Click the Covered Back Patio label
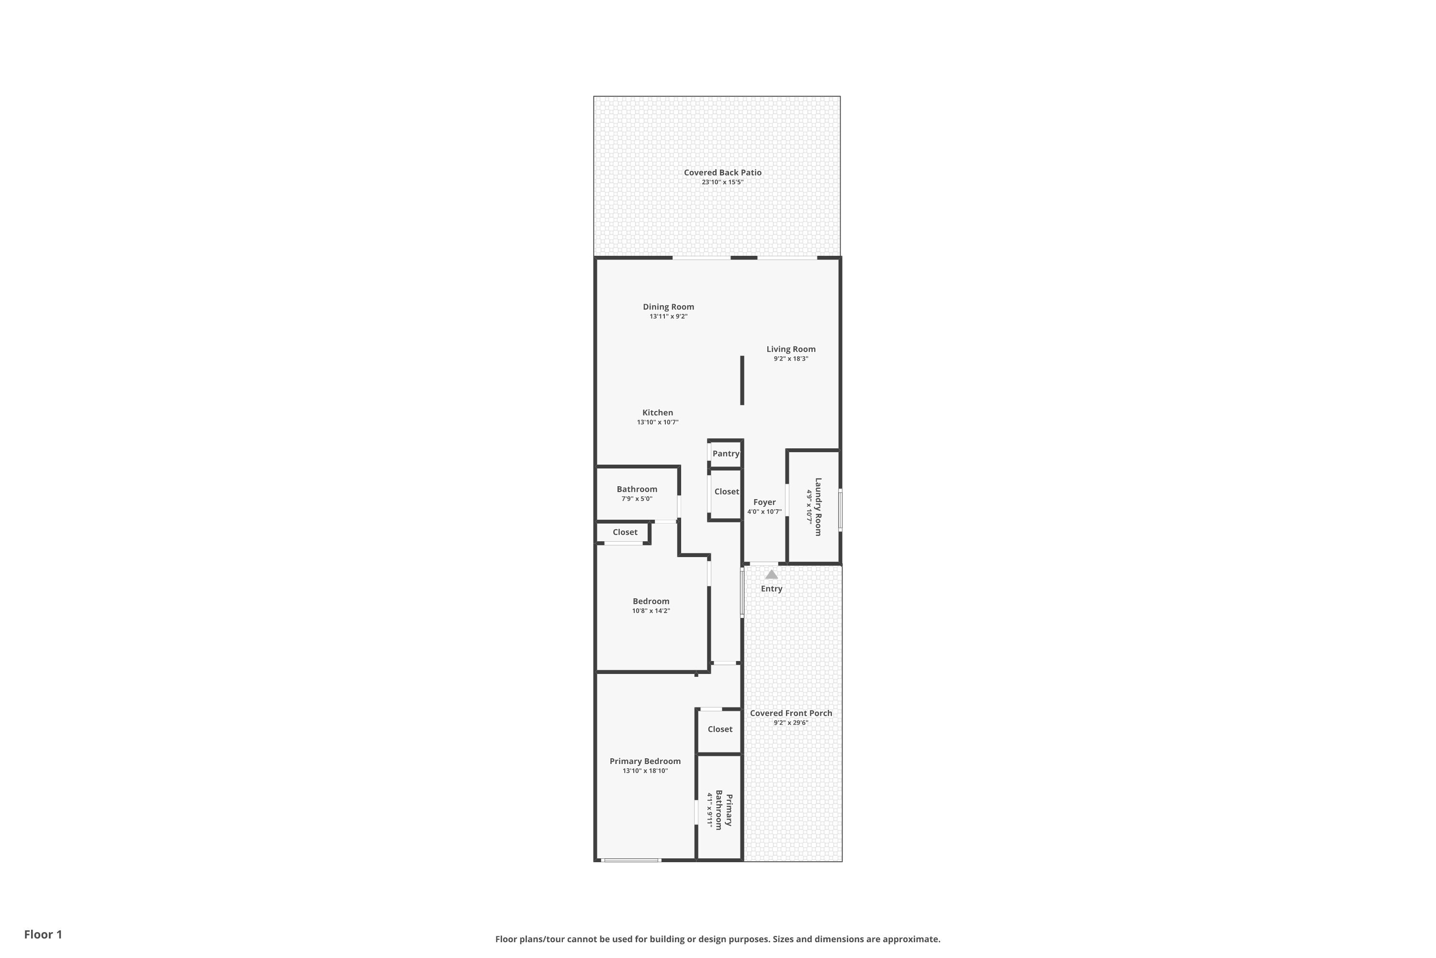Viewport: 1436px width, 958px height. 722,173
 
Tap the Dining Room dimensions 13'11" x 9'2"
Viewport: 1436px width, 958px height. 669,317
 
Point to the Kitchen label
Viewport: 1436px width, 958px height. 658,413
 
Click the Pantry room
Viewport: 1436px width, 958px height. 725,453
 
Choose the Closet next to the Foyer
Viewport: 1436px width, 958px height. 726,492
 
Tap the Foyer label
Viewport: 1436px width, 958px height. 764,502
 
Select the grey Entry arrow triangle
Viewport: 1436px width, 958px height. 772,574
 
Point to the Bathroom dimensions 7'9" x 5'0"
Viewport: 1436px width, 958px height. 637,499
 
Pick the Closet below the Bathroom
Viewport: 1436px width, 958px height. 625,532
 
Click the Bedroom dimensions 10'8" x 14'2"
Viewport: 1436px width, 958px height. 651,611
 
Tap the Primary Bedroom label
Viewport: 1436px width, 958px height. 645,761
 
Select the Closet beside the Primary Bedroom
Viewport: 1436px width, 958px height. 720,730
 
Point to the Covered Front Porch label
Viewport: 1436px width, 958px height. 791,713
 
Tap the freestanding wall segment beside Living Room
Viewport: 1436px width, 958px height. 742,380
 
